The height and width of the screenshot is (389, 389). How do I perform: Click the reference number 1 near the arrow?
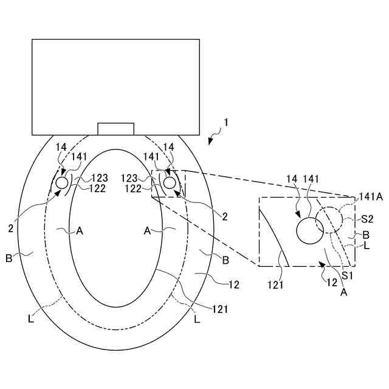point(225,122)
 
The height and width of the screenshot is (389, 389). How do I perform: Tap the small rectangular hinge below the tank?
point(115,129)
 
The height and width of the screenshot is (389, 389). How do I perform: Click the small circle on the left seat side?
point(63,183)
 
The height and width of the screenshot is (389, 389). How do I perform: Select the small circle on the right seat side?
point(168,182)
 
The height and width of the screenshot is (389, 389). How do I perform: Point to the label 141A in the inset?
point(370,197)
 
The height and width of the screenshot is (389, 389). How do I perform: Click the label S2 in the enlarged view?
point(367,218)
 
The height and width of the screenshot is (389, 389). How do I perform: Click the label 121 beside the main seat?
point(219,309)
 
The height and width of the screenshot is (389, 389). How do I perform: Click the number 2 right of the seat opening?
point(224,216)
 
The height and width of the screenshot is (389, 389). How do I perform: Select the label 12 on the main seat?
point(233,284)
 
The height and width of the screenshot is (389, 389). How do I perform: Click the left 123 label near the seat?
point(100,179)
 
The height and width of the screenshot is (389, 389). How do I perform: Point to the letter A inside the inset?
point(343,292)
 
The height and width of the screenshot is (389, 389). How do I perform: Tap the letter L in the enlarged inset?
point(366,246)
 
